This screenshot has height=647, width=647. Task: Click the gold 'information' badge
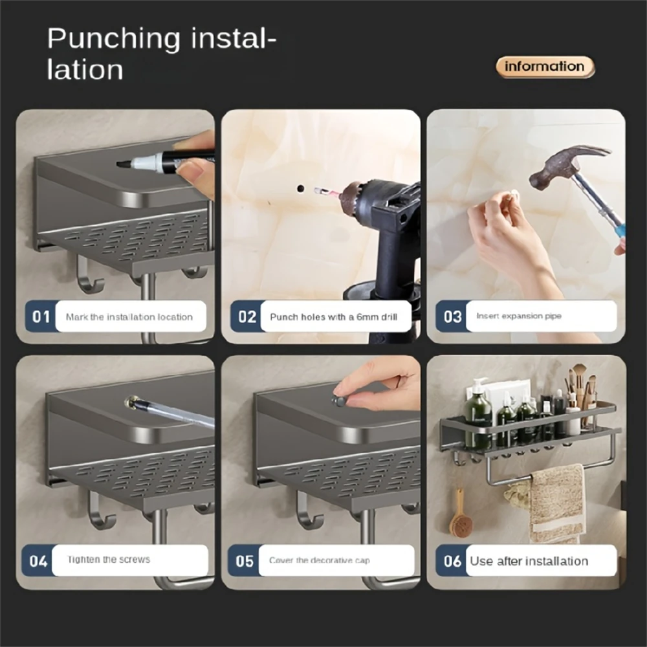point(545,67)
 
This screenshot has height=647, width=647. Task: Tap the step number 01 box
point(41,316)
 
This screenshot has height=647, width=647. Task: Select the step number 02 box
point(247,316)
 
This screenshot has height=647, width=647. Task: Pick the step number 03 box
point(452,316)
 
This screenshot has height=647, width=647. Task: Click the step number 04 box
point(39,560)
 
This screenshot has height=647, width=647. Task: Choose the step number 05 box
point(245,560)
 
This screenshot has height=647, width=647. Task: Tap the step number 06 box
point(452,560)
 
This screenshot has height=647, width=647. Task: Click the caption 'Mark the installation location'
point(129,317)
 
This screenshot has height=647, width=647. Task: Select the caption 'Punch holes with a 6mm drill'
point(333,317)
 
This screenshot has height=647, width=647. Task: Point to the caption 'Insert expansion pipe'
point(519,316)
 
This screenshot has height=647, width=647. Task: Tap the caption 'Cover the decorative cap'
point(320,560)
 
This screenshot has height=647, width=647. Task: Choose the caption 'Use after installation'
point(529,561)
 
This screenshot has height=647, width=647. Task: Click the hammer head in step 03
point(563,165)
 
